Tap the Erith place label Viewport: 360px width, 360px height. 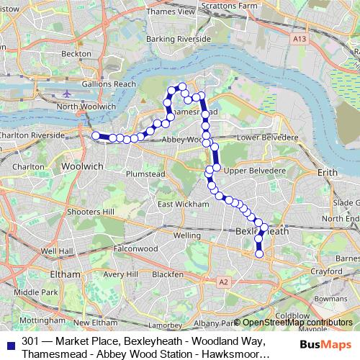click(327, 173)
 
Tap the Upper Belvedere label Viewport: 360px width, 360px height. click(251, 171)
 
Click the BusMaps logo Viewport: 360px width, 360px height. click(324, 344)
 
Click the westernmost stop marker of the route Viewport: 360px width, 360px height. click(95, 135)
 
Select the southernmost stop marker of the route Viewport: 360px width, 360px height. click(259, 252)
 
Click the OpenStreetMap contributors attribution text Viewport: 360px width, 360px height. click(297, 323)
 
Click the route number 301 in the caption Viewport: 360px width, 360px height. click(31, 341)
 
